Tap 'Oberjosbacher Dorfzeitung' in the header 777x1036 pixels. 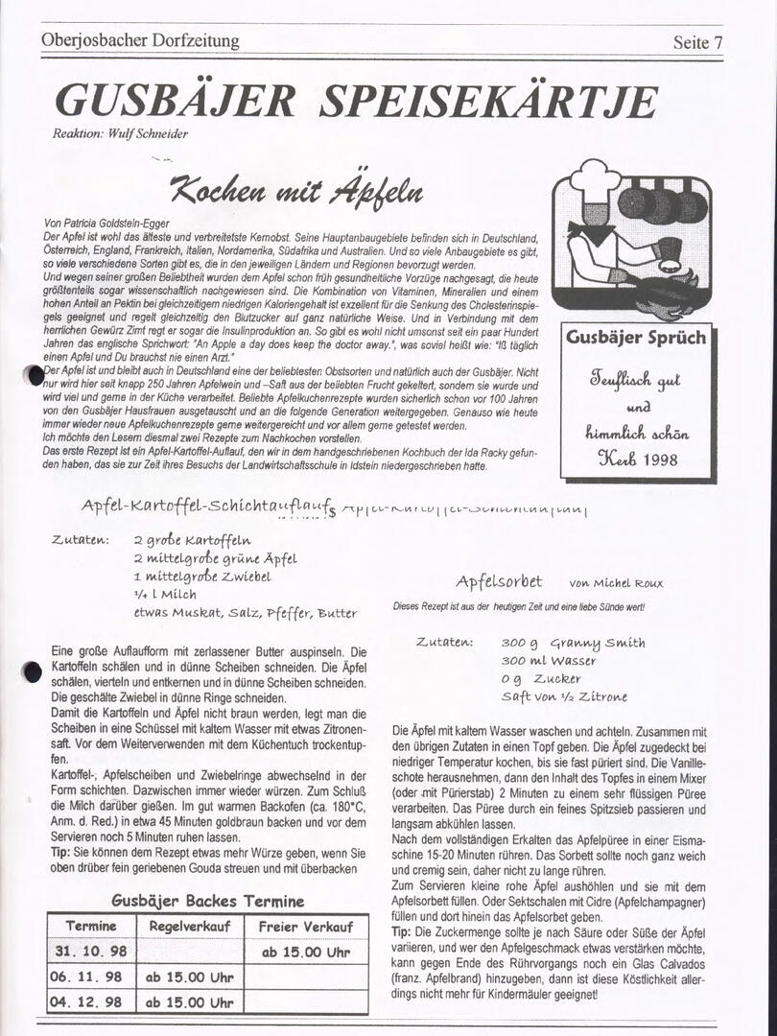pos(140,41)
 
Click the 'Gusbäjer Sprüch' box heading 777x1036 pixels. pos(635,337)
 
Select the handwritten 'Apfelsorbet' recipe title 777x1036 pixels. pos(499,581)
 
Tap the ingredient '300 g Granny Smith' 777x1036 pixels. pos(573,643)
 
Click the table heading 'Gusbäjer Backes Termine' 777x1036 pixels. pos(207,901)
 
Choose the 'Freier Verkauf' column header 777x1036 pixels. pos(306,927)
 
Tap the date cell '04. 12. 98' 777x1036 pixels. pos(88,1001)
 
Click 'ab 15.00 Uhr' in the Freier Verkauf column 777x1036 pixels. pos(306,953)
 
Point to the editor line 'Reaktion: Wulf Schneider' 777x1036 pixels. pos(120,133)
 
